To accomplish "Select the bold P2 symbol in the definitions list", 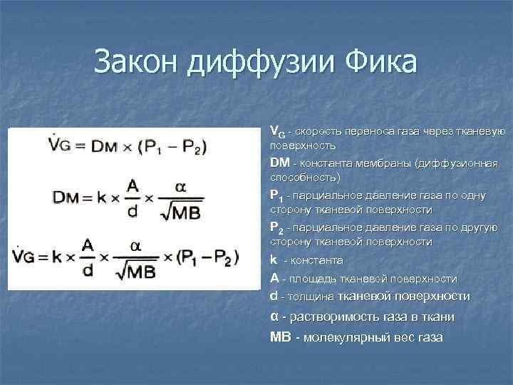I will pos(276,228).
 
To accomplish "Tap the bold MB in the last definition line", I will pos(281,337).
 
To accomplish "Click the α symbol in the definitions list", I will pos(274,317).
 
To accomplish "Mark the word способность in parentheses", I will pos(305,176).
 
